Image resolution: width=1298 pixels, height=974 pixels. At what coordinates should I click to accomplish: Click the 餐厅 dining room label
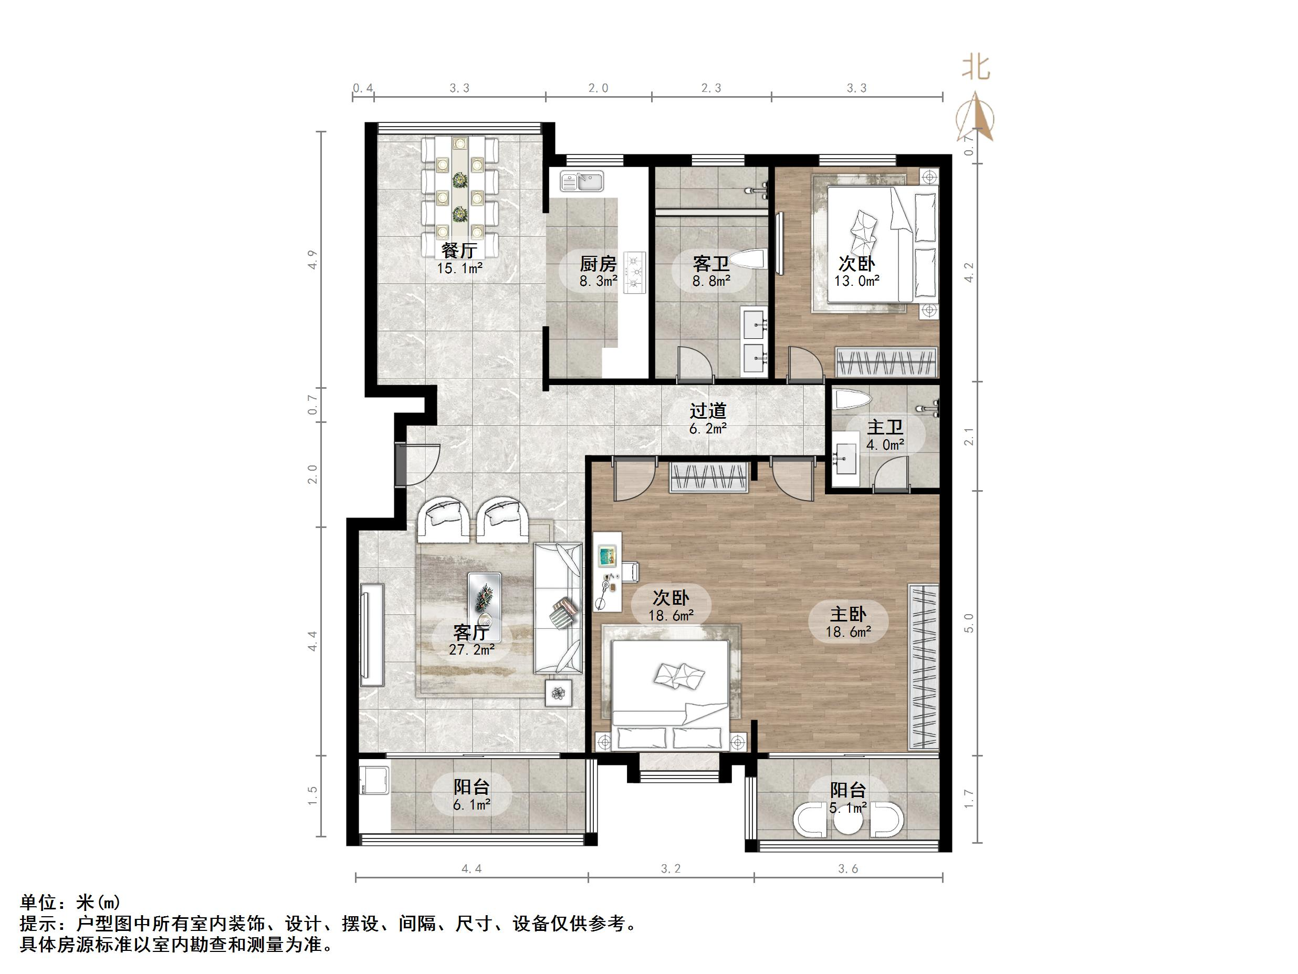point(459,251)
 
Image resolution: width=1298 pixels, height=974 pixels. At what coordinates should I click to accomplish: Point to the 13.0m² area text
point(857,281)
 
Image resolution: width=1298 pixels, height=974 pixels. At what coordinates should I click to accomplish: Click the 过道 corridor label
point(708,410)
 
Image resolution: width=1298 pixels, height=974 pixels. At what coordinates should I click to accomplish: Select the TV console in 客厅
point(372,635)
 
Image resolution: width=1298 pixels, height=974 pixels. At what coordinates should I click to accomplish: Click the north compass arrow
point(975,117)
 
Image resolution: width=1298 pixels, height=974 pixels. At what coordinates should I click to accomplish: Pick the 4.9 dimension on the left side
point(312,260)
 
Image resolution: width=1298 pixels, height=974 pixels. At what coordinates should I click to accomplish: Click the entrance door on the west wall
point(418,464)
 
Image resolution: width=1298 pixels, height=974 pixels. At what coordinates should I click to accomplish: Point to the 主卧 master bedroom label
point(848,614)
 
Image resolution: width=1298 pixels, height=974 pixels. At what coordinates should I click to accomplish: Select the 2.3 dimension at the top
point(711,88)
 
